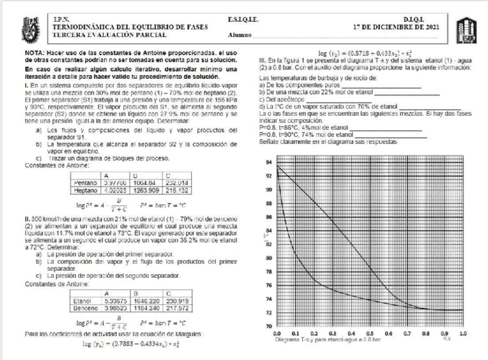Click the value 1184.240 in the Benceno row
click(x=142, y=307)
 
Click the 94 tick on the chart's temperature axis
click(x=268, y=163)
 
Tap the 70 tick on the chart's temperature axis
click(x=268, y=326)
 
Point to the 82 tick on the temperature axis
click(x=268, y=244)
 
